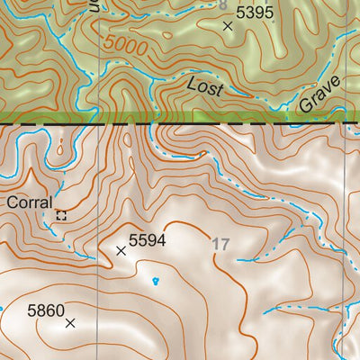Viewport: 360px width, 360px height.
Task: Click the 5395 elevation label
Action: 255,13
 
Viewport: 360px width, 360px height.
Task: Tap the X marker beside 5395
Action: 228,27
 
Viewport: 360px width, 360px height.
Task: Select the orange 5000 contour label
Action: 122,44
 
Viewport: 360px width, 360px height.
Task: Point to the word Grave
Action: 320,94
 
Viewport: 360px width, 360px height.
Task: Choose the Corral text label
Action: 30,202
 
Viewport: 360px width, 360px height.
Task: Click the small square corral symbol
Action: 61,215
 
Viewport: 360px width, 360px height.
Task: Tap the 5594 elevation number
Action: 148,240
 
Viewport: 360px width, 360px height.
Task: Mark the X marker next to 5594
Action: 121,250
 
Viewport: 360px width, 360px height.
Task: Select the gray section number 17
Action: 221,243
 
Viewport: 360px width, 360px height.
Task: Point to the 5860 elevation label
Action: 46,311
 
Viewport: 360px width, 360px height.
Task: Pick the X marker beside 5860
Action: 70,322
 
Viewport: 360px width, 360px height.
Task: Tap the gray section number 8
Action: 224,4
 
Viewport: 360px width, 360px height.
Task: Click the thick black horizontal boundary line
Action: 180,122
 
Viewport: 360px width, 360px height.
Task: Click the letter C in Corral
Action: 13,202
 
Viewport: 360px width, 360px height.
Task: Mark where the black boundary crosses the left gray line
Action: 97,122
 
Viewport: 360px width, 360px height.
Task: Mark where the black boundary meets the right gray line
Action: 345,122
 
